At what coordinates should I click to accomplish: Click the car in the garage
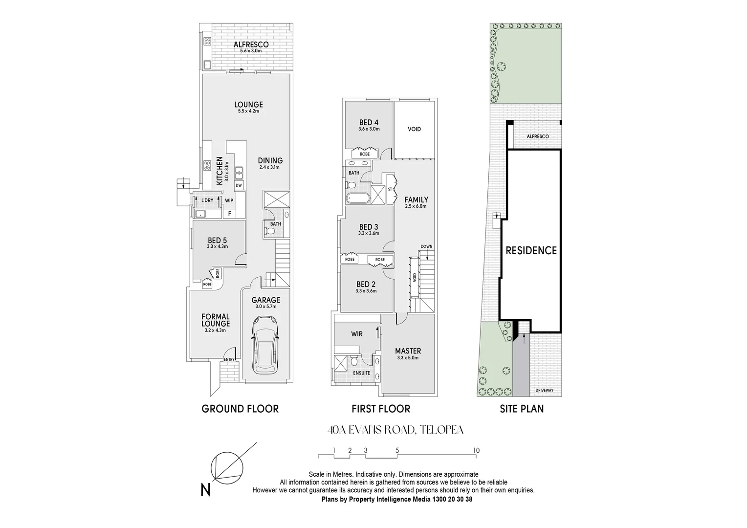(x=264, y=344)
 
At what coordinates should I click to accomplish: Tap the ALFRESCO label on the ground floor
(x=251, y=45)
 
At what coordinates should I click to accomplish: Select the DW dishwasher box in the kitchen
(x=239, y=185)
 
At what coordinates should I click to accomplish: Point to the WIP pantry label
(x=229, y=200)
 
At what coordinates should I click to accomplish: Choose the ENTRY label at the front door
(x=229, y=360)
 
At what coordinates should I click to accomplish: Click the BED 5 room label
(x=217, y=241)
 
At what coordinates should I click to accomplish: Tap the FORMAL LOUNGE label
(x=215, y=320)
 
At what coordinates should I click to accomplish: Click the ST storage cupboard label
(x=390, y=189)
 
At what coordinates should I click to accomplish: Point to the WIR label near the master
(x=356, y=334)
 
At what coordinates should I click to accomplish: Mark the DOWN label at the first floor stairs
(x=426, y=246)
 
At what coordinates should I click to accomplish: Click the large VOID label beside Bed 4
(x=414, y=129)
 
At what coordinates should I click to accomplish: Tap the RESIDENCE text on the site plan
(x=531, y=251)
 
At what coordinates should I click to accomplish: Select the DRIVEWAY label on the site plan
(x=544, y=390)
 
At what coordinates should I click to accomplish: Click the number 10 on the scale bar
(x=476, y=450)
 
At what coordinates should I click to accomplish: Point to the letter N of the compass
(x=205, y=490)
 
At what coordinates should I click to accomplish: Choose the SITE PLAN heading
(x=521, y=409)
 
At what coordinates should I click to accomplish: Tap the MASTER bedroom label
(x=408, y=351)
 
